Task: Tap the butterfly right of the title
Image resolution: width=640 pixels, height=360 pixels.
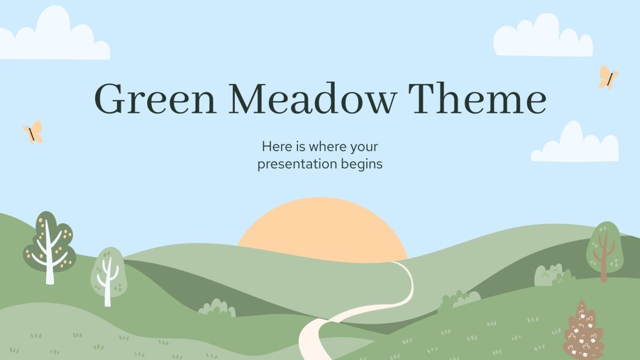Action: click(x=608, y=77)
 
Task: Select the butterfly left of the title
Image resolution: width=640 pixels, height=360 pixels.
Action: click(x=33, y=132)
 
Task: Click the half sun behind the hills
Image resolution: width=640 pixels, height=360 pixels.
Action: click(x=322, y=225)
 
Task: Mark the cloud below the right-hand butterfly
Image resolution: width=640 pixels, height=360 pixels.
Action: click(x=575, y=145)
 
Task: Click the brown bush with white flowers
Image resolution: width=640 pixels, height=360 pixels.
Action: click(x=583, y=332)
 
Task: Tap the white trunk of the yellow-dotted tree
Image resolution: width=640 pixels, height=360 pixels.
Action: click(x=50, y=268)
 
